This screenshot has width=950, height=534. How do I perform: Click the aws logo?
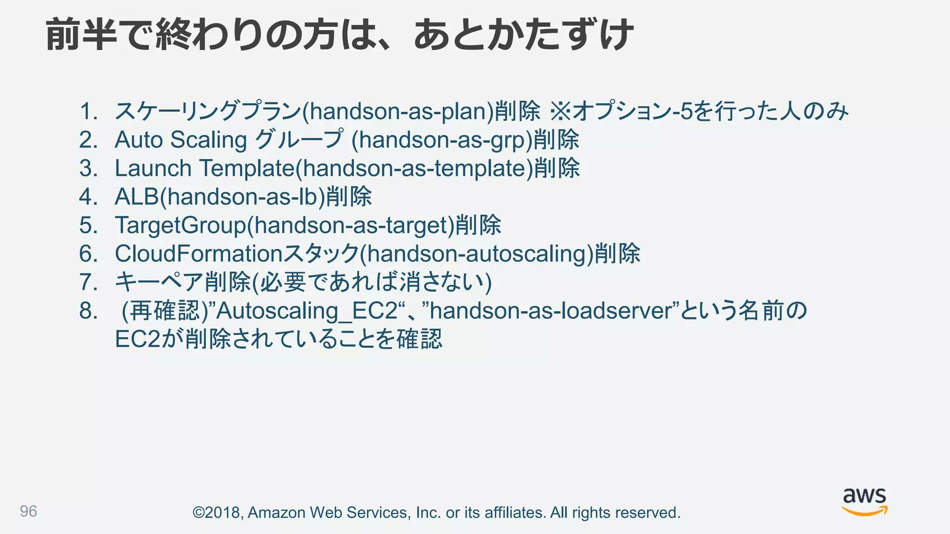864,502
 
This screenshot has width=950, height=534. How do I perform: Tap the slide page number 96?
28,511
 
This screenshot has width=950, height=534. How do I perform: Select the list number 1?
88,112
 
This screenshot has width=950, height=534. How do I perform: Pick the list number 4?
88,197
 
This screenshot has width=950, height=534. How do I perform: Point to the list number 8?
88,311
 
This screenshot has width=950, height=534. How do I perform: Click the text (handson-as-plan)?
398,112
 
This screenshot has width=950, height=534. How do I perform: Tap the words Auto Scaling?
180,140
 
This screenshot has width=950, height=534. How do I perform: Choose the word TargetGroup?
180,225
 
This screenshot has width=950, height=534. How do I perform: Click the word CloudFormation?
199,254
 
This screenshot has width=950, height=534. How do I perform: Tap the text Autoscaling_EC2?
307,311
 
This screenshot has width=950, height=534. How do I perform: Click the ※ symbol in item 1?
560,112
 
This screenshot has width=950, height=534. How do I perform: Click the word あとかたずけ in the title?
523,35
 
